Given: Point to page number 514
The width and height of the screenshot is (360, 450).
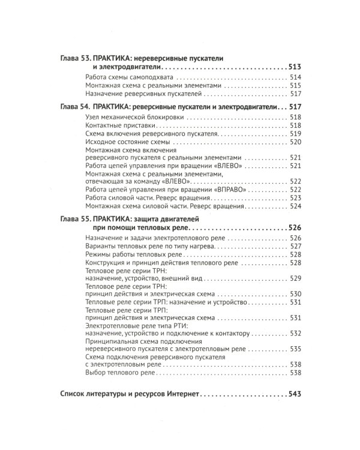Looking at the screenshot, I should pos(295,78).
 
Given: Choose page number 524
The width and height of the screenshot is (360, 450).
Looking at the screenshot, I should pos(295,206).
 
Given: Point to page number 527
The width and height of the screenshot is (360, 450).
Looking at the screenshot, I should pos(295,247).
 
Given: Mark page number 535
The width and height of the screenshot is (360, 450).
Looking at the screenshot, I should pos(295,348).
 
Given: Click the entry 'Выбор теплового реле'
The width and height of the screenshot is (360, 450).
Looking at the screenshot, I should pos(121,373).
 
